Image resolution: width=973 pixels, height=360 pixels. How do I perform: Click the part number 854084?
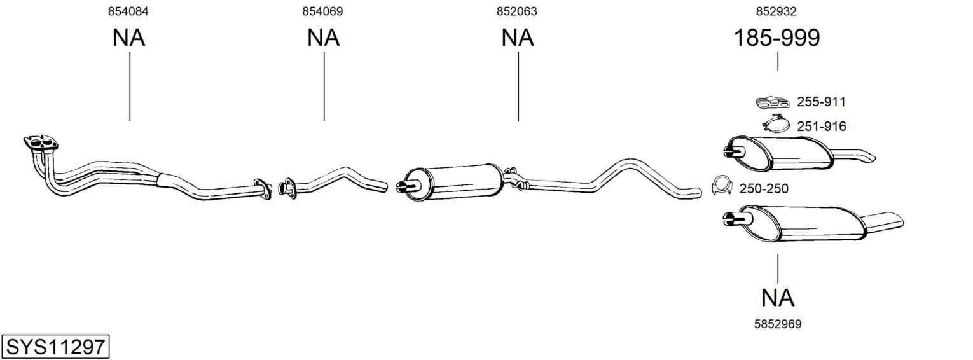pyautogui.click(x=128, y=11)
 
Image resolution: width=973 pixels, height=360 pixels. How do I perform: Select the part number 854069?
pyautogui.click(x=322, y=11)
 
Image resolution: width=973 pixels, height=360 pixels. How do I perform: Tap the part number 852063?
pyautogui.click(x=517, y=11)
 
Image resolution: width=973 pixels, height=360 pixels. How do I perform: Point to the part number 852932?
pyautogui.click(x=776, y=11)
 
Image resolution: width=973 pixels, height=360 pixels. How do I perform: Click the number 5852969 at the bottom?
pyautogui.click(x=778, y=324)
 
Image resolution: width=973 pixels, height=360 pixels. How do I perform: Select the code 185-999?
pyautogui.click(x=776, y=38)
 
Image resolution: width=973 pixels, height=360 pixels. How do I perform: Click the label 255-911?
pyautogui.click(x=821, y=102)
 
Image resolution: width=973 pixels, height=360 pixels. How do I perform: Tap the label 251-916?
pyautogui.click(x=822, y=127)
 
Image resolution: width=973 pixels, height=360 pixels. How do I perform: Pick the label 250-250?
pyautogui.click(x=764, y=188)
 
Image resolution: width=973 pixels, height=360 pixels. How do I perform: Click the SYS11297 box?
pyautogui.click(x=55, y=347)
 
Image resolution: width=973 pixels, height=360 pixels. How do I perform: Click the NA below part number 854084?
pyautogui.click(x=128, y=38)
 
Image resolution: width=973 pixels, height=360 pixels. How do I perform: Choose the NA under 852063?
pyautogui.click(x=517, y=38)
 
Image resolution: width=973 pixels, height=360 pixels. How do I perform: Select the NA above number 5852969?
pyautogui.click(x=778, y=298)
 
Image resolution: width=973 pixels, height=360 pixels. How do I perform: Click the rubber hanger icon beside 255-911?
pyautogui.click(x=772, y=102)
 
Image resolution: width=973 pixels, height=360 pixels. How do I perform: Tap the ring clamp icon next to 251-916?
pyautogui.click(x=775, y=124)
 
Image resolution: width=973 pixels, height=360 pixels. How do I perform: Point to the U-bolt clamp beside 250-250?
pyautogui.click(x=722, y=186)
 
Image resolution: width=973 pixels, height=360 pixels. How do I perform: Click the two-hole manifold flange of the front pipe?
pyautogui.click(x=41, y=143)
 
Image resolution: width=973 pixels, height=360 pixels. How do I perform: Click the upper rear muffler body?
pyautogui.click(x=781, y=153)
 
